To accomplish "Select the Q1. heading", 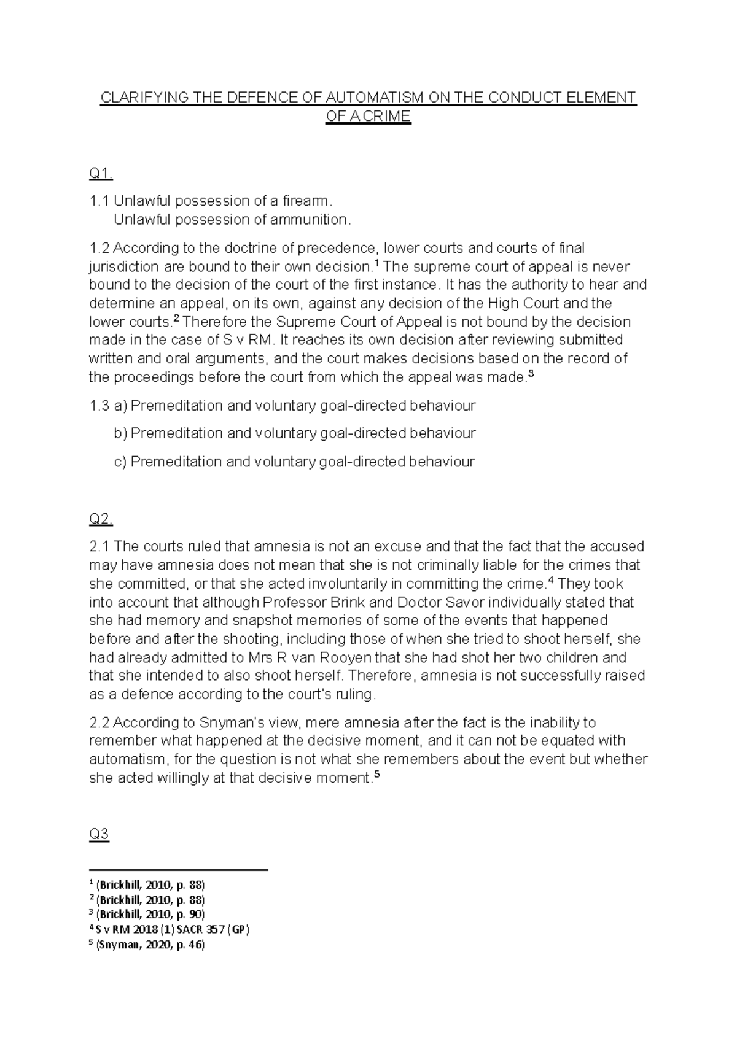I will click(101, 174).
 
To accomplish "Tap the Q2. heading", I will click(101, 519).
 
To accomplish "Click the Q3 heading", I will click(99, 834).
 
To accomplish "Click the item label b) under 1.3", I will click(120, 433).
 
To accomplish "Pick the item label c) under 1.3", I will click(120, 462).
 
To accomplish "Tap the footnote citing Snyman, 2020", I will click(147, 945).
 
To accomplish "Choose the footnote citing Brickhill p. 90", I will click(147, 915).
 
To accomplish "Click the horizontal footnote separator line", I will click(179, 870).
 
